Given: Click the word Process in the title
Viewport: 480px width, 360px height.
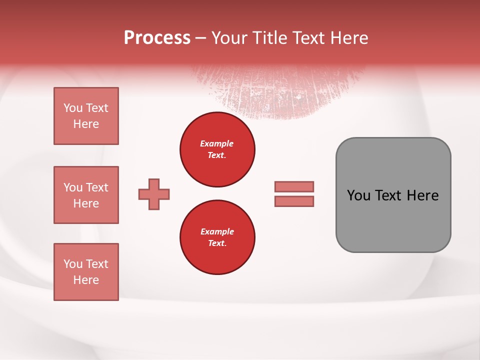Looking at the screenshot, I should pyautogui.click(x=157, y=38).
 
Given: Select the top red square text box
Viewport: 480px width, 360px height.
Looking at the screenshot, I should pyautogui.click(x=86, y=116).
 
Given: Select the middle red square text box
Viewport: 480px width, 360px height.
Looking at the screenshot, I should pyautogui.click(x=86, y=195).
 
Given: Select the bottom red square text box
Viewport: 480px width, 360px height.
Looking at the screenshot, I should pyautogui.click(x=86, y=272).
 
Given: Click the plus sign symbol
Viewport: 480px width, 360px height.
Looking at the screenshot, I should pyautogui.click(x=154, y=194).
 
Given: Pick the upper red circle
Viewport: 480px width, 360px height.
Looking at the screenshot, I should pyautogui.click(x=217, y=149).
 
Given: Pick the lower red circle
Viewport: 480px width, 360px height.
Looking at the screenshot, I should pyautogui.click(x=217, y=237).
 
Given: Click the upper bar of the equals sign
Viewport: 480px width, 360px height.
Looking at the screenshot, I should pyautogui.click(x=294, y=186).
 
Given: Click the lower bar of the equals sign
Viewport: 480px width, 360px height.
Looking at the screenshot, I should pyautogui.click(x=294, y=201).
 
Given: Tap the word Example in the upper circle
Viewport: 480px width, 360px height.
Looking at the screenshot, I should pyautogui.click(x=217, y=143).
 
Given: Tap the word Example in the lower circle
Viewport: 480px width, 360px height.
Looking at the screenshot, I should pyautogui.click(x=217, y=231).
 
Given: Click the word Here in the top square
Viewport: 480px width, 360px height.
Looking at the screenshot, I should pyautogui.click(x=86, y=124).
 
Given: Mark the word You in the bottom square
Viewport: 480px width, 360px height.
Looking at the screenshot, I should pyautogui.click(x=73, y=264).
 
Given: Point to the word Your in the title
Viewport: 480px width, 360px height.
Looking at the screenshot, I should pyautogui.click(x=230, y=38).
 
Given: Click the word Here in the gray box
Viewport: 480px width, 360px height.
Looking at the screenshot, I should pyautogui.click(x=422, y=195).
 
